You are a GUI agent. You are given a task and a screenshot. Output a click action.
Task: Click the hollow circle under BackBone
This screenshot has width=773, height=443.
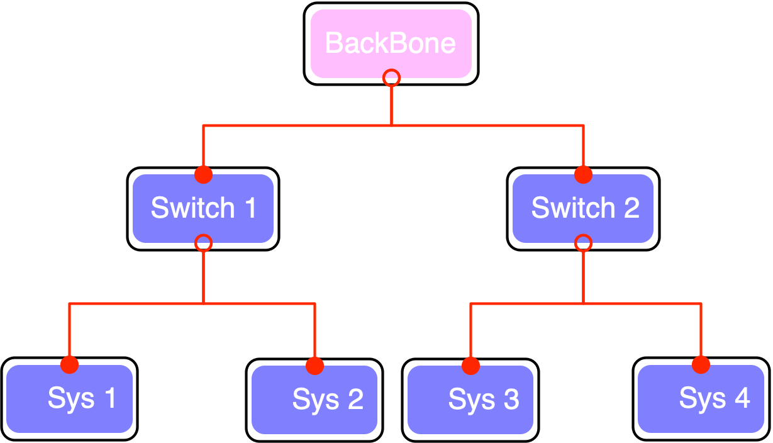(391, 77)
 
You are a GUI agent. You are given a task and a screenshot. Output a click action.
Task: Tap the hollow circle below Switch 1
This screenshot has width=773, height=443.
(203, 243)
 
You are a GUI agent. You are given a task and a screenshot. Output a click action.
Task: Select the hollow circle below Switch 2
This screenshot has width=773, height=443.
(583, 243)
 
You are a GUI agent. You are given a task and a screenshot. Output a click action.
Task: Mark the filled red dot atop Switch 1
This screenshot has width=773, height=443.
(203, 174)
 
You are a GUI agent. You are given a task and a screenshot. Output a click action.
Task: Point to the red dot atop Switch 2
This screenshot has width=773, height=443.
(583, 174)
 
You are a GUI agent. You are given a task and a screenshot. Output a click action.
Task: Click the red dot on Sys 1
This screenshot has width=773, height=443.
(70, 364)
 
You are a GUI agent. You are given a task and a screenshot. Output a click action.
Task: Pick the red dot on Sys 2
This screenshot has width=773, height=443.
(314, 366)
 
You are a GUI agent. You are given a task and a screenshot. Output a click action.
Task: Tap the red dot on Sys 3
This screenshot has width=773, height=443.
(470, 366)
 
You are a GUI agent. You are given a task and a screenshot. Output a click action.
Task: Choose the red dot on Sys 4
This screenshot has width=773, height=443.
(701, 365)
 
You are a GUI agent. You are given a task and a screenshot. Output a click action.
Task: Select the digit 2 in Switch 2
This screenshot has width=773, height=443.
(631, 208)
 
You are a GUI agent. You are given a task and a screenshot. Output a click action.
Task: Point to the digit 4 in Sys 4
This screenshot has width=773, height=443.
(742, 398)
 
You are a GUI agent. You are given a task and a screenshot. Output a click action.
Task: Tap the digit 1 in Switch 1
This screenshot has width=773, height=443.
(250, 208)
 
